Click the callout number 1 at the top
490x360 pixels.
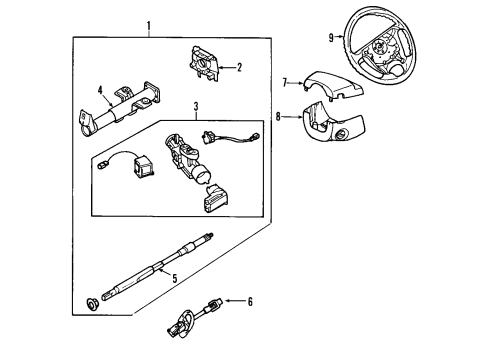pos(149,24)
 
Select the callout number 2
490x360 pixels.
pos(238,68)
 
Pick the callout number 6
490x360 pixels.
pos(249,301)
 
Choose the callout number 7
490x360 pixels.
pos(285,82)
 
